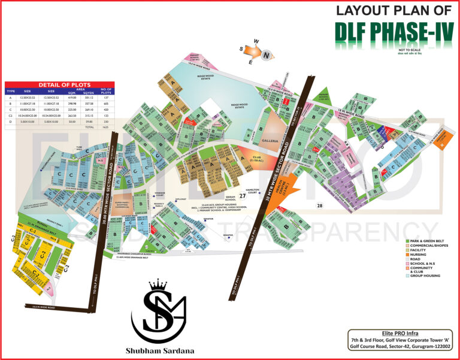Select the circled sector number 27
(243, 195)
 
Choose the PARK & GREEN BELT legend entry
(429, 241)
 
